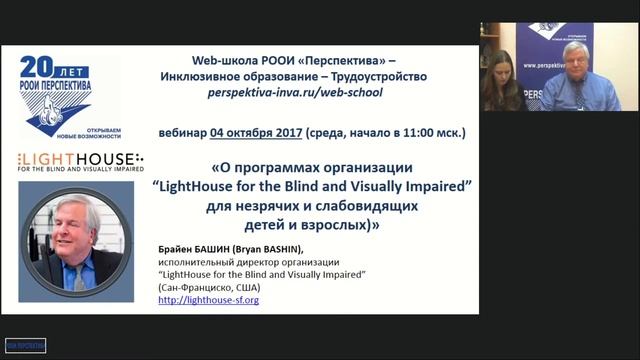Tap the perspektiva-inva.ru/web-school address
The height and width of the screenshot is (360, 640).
pyautogui.click(x=293, y=92)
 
